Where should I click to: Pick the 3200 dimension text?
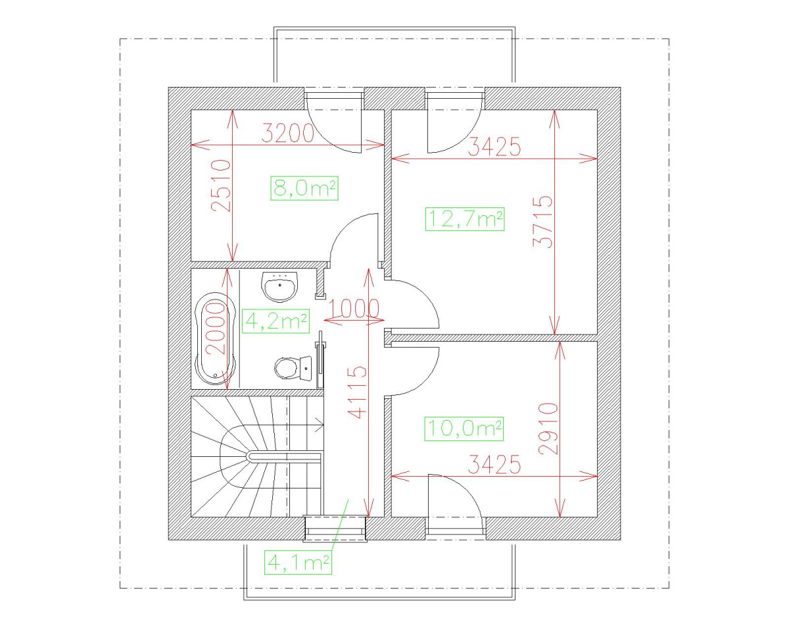point(288,134)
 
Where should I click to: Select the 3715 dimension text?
point(542,221)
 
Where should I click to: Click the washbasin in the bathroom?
point(281,285)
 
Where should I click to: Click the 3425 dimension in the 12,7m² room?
point(494,147)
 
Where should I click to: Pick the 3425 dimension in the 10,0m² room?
point(494,465)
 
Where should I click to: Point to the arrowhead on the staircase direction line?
point(320,427)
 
